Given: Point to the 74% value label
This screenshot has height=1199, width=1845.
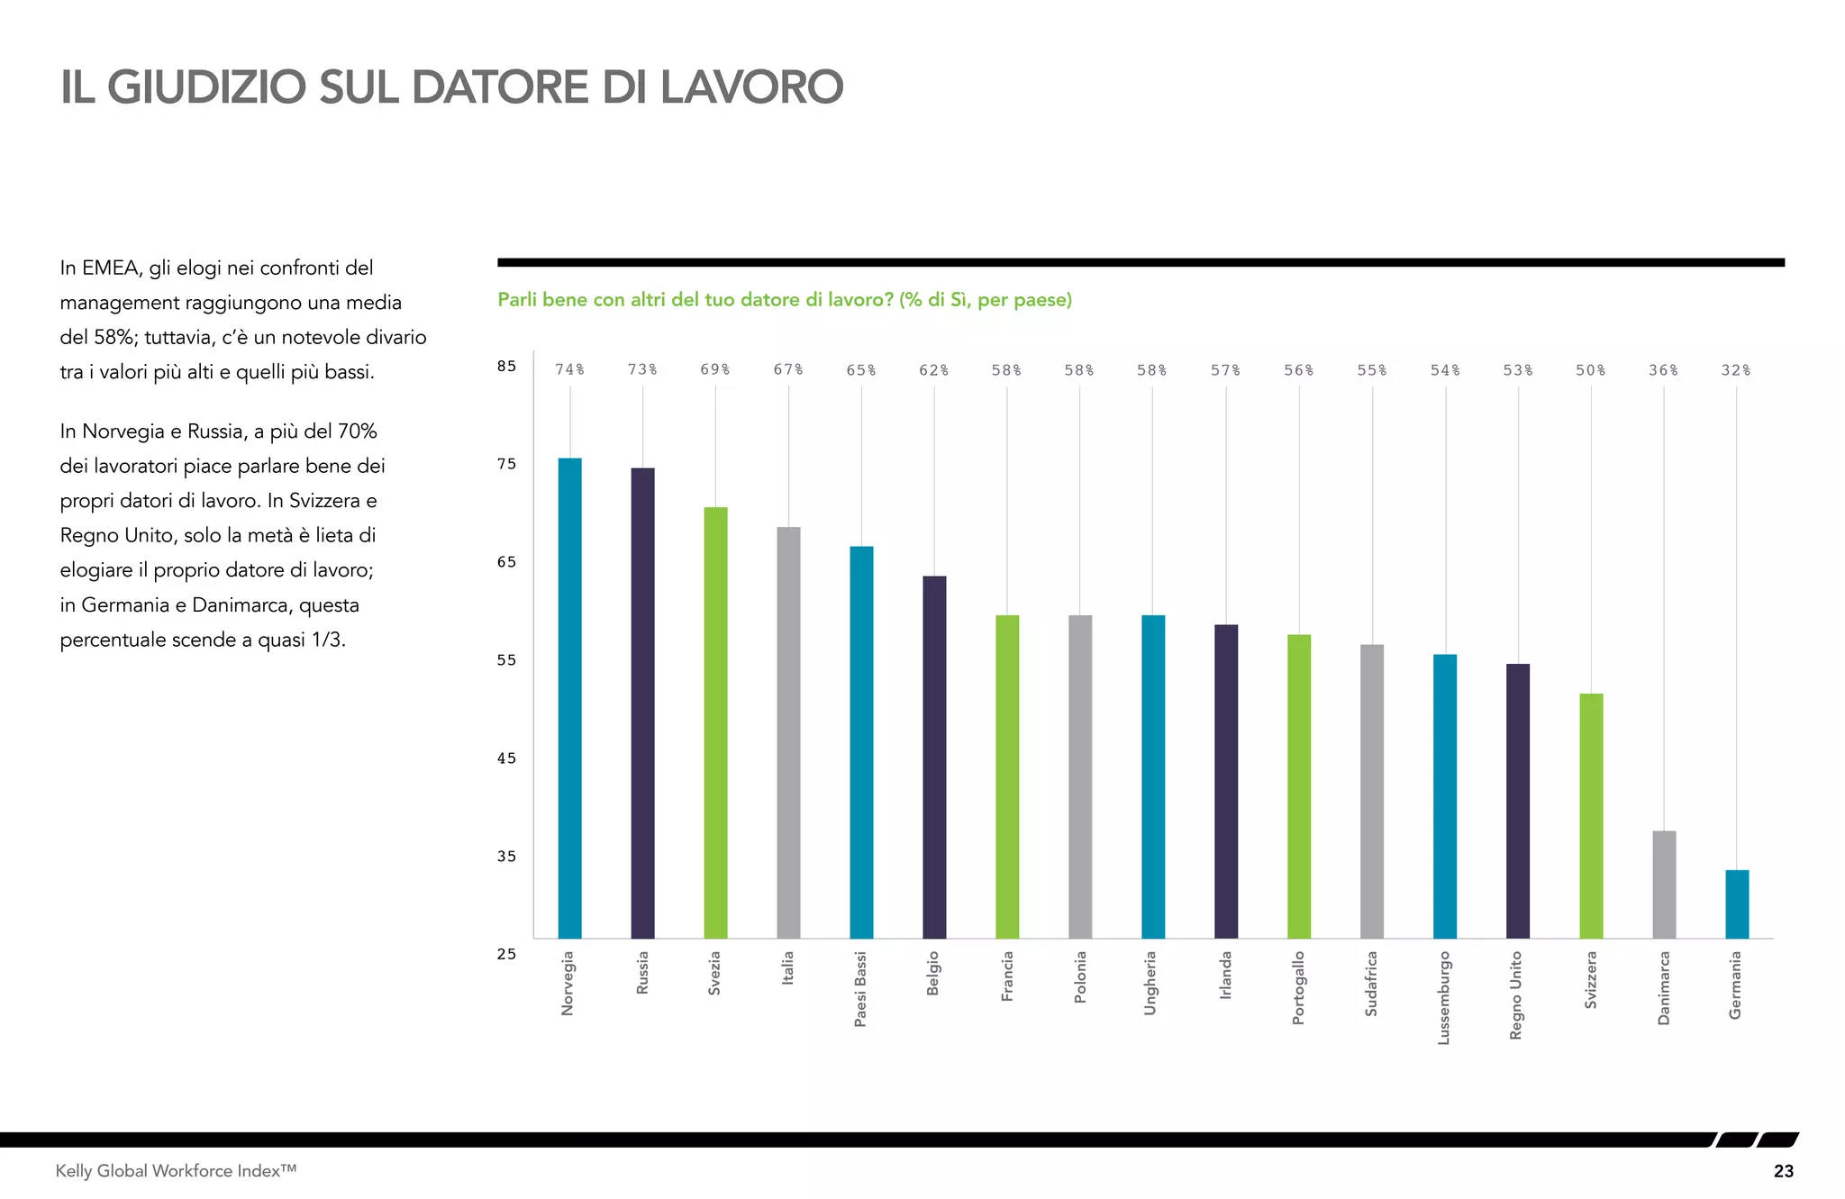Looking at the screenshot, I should coord(569,370).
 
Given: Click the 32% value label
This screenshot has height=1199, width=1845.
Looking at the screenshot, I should coord(1736,370).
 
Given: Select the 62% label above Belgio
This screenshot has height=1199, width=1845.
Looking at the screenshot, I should coord(934,370).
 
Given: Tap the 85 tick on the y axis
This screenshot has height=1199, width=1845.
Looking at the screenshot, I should coord(506,366).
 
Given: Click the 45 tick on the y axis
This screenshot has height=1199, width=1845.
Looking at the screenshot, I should coord(506,758).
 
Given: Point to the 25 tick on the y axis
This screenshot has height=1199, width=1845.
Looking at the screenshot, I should coord(506,954).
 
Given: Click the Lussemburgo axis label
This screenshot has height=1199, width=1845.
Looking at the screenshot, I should coord(1444,997).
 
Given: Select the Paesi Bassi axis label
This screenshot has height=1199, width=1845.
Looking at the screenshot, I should coord(860,988).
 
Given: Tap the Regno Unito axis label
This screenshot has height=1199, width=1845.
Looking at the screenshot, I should coord(1517,995).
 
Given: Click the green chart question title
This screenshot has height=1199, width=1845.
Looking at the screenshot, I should coord(785,300).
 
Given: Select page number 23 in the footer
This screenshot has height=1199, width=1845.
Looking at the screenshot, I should coord(1783,1171).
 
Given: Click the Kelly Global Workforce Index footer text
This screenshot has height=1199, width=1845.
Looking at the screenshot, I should coord(176,1171).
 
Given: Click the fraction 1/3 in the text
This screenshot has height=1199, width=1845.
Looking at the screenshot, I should coord(323,640).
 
